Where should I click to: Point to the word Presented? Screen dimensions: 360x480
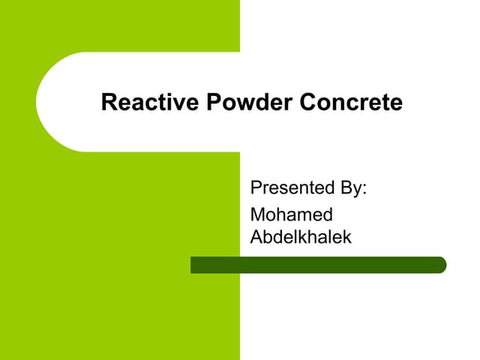[x=288, y=187]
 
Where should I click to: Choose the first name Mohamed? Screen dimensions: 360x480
[x=291, y=214]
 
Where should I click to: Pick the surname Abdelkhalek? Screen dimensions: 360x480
[x=300, y=236]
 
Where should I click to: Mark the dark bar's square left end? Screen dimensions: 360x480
[x=193, y=265]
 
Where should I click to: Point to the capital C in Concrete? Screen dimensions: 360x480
[x=307, y=102]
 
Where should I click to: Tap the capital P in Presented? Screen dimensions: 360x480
[x=256, y=187]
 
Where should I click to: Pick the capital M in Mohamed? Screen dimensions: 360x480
[x=258, y=214]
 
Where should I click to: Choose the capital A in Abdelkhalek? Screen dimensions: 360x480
[x=256, y=236]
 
